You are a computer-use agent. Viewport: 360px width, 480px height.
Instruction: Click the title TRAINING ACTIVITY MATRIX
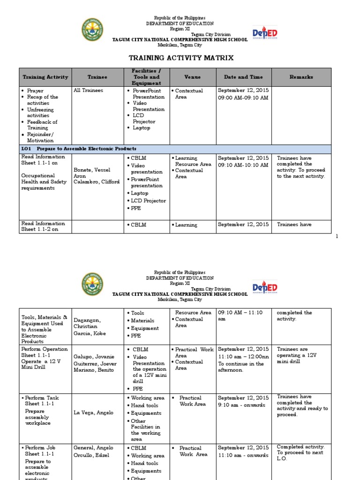tap(181, 58)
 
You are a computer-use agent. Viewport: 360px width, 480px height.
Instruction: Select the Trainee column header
tap(97, 77)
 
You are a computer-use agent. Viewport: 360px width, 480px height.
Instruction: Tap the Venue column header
tap(192, 77)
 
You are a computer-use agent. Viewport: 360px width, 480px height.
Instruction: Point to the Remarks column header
tap(301, 77)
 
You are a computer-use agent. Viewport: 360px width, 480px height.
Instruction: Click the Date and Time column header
tap(243, 77)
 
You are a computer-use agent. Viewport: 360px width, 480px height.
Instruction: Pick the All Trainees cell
tap(89, 90)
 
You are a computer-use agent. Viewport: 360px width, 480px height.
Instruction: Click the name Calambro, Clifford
tap(97, 182)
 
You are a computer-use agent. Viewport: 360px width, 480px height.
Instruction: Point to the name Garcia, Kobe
tap(90, 333)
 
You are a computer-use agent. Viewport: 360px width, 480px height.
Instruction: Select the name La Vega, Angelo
tap(92, 412)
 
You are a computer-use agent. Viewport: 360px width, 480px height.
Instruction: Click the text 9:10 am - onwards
tap(241, 405)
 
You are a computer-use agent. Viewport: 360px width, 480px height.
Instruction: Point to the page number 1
tap(337, 237)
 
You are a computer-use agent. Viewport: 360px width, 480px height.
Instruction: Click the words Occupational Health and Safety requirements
tap(40, 182)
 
